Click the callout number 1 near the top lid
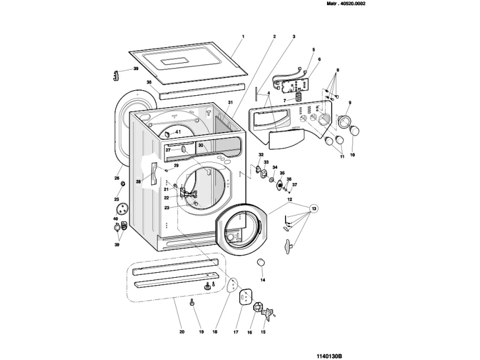(243, 36)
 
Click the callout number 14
(262, 279)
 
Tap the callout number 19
(201, 332)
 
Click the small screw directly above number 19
(192, 303)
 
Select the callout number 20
(181, 332)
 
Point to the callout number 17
(236, 332)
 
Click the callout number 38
(149, 82)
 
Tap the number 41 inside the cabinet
(177, 132)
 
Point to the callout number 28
(138, 182)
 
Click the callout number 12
(289, 200)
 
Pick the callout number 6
(319, 59)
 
